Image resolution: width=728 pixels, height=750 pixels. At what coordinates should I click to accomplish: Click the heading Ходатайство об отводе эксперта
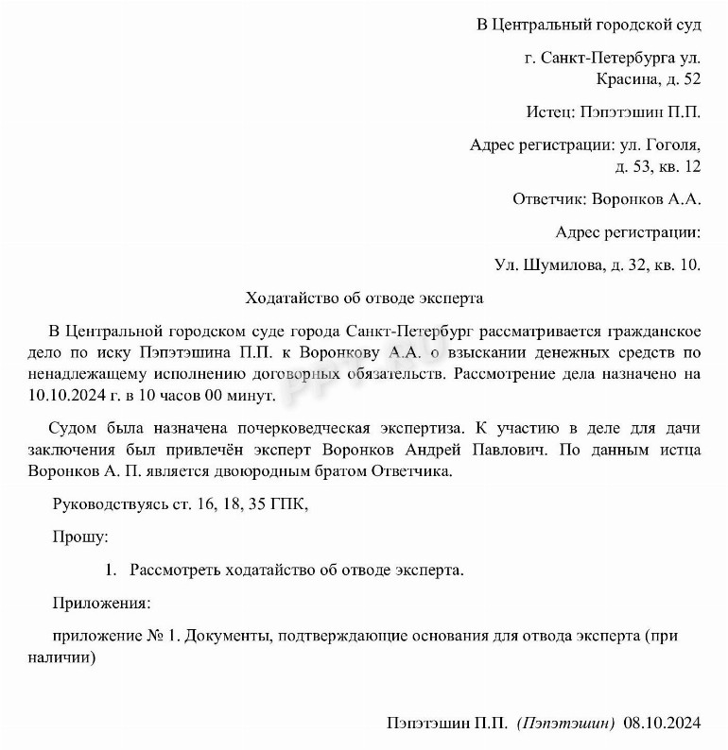(364, 298)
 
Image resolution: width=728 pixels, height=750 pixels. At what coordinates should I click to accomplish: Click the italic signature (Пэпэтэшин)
(566, 723)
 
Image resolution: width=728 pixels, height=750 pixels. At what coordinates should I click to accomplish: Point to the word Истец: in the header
(550, 112)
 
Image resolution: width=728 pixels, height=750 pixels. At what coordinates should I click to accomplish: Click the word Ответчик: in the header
(547, 199)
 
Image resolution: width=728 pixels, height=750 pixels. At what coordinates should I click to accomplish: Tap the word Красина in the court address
(626, 78)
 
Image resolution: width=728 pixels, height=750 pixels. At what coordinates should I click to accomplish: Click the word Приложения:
(101, 602)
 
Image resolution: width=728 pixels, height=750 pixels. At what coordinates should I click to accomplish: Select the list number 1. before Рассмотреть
(111, 570)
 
